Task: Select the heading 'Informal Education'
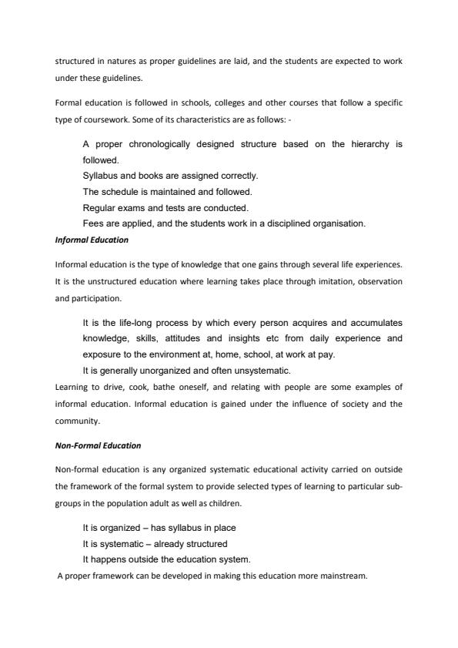[x=92, y=240]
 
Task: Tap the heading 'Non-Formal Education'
[x=98, y=445]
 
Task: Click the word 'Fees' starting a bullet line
[x=93, y=223]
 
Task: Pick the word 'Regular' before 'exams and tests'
[x=100, y=207]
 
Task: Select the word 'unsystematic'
[x=256, y=371]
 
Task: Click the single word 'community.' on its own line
[x=75, y=421]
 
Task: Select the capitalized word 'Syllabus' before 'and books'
[x=101, y=176]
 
